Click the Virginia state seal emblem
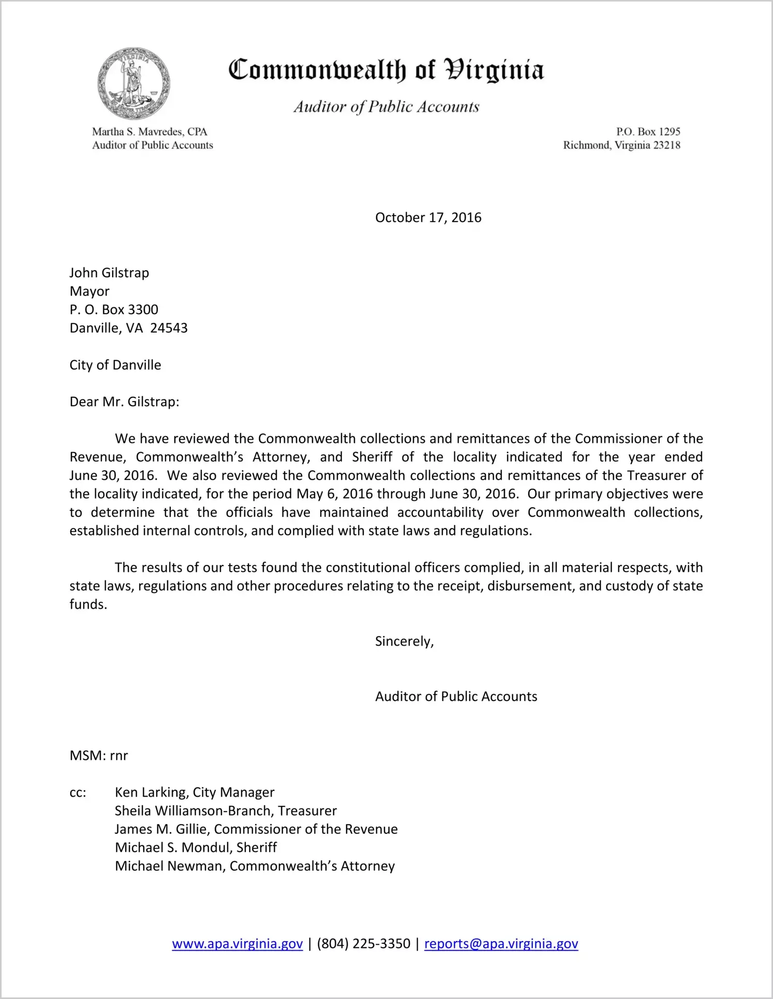(133, 83)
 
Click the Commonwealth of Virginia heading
(386, 70)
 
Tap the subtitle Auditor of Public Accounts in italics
(386, 107)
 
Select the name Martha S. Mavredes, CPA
(150, 132)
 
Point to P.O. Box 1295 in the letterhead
(648, 132)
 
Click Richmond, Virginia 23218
(621, 145)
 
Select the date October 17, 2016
(428, 217)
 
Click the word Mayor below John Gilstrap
(90, 291)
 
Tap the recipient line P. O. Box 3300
(114, 309)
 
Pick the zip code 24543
(169, 328)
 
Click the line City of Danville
(115, 365)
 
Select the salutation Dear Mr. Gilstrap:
(124, 402)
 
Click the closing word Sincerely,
(404, 642)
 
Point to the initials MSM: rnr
(98, 755)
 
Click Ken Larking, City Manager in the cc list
(195, 792)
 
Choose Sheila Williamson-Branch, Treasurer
(226, 811)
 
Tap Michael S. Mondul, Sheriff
(196, 847)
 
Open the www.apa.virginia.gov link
(237, 944)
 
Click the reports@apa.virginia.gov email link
(501, 944)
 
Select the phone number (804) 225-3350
(363, 944)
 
